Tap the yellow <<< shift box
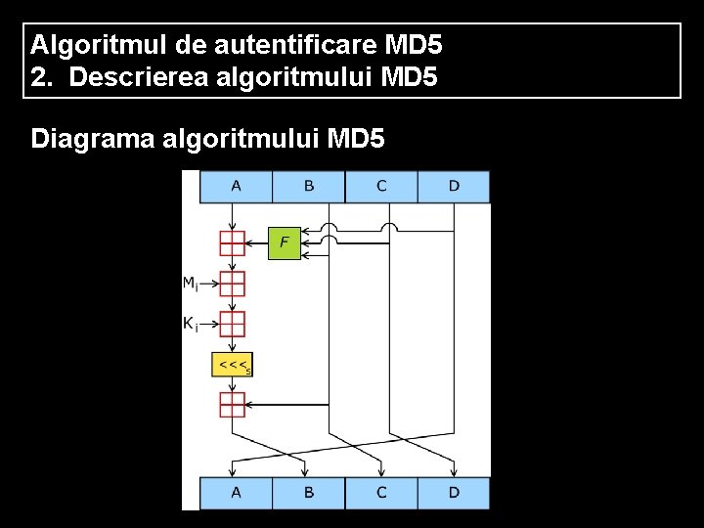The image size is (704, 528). tap(233, 365)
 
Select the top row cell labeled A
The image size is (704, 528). tap(236, 186)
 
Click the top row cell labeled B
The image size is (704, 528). tap(308, 186)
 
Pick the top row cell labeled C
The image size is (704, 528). tap(380, 186)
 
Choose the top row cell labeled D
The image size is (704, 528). tap(454, 186)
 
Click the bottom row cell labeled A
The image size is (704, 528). tap(236, 493)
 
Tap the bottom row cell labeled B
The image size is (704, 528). tap(308, 493)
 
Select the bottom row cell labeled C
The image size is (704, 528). tap(380, 493)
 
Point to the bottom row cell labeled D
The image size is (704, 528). tap(454, 493)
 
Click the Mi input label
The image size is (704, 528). tap(190, 284)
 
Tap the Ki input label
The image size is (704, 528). tap(190, 323)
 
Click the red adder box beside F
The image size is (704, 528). tap(232, 242)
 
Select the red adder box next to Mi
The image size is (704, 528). tap(232, 284)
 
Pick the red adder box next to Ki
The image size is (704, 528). tap(232, 323)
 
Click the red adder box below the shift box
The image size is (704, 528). tap(232, 404)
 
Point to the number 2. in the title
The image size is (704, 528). tap(42, 76)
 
